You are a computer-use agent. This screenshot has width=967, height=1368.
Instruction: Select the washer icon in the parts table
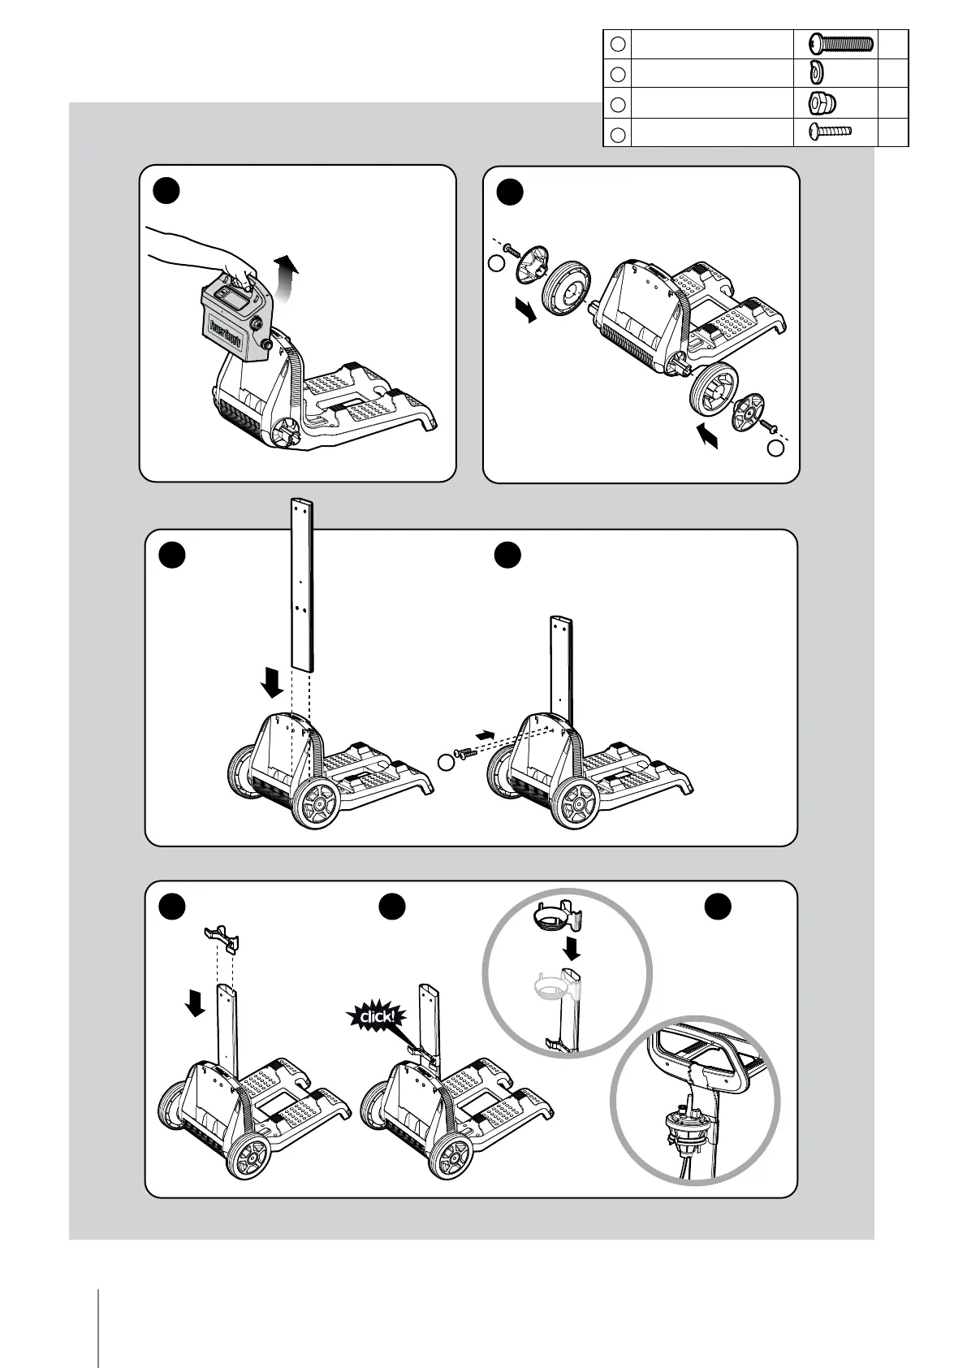coord(816,73)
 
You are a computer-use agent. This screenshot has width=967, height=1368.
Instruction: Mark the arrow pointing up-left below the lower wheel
coord(707,439)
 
